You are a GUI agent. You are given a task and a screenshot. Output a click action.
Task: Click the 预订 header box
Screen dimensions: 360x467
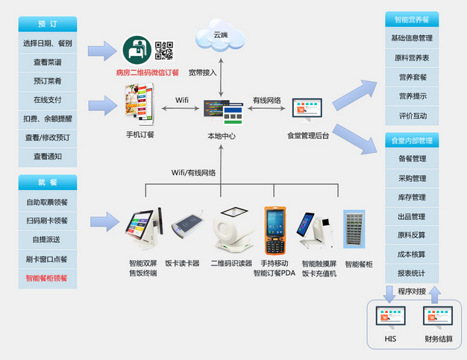(x=48, y=24)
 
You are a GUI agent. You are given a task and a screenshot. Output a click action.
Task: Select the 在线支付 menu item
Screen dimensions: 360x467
(x=48, y=99)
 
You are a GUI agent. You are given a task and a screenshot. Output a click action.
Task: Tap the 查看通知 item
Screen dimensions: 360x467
(x=48, y=157)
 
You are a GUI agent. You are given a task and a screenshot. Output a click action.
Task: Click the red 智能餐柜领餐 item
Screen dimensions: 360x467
(x=48, y=278)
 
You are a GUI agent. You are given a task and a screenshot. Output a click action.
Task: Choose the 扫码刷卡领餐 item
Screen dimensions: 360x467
(x=48, y=221)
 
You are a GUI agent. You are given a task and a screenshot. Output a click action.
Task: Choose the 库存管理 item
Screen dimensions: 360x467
(x=412, y=198)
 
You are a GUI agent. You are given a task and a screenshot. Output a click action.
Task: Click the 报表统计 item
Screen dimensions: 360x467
(x=412, y=273)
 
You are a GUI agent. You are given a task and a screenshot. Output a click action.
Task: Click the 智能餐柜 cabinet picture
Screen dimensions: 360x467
(x=354, y=229)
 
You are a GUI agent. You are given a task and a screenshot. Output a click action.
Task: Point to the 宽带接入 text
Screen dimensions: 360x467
(x=202, y=73)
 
